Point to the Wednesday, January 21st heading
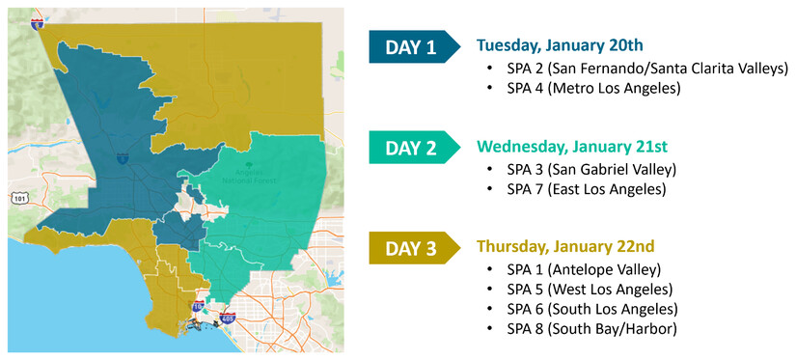tap(571, 147)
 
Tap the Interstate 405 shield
tap(227, 318)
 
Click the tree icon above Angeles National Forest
tap(249, 165)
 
